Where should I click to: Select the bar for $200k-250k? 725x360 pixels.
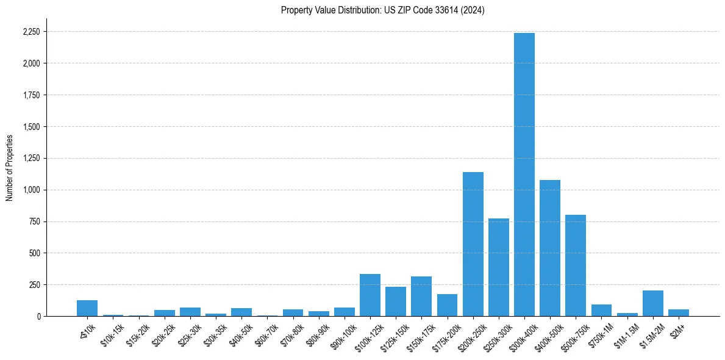tap(473, 244)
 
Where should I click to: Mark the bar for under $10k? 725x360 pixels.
tap(87, 308)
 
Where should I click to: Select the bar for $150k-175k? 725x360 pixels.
tap(421, 297)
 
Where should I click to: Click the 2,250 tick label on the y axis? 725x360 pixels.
tap(31, 32)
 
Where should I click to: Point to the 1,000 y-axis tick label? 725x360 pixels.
tap(31, 190)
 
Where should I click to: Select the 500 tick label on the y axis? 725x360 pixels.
tap(35, 253)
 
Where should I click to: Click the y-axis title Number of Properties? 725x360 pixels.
tap(10, 168)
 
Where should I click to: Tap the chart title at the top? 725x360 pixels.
tap(382, 10)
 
